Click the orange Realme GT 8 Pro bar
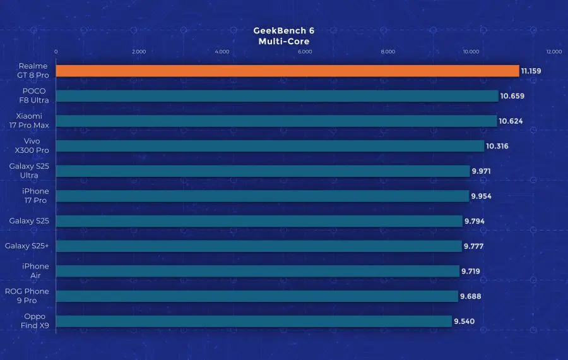(x=287, y=71)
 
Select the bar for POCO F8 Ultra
(x=277, y=96)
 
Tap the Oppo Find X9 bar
(x=254, y=321)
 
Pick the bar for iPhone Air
(x=257, y=271)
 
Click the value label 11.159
(x=531, y=71)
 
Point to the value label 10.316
(x=497, y=146)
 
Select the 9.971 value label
(x=481, y=171)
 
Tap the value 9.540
(x=464, y=321)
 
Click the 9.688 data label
(x=471, y=296)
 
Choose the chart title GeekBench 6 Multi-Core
(x=283, y=36)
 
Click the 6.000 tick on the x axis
(x=305, y=52)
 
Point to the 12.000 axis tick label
(x=554, y=52)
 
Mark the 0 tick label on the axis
(x=56, y=52)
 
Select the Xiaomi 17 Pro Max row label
(x=29, y=121)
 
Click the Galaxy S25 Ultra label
(x=29, y=171)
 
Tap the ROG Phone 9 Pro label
(x=27, y=296)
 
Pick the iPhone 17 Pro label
(x=35, y=196)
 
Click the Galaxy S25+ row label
(x=27, y=246)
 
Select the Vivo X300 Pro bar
(x=270, y=146)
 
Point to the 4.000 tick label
(x=222, y=52)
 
